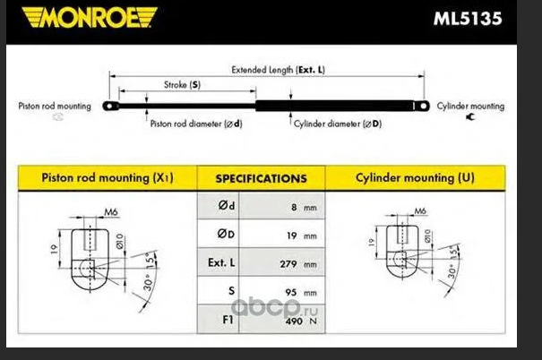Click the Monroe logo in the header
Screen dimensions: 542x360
click(x=90, y=17)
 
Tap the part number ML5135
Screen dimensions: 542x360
click(x=468, y=19)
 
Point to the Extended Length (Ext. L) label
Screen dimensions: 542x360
click(x=278, y=70)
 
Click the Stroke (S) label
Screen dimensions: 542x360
click(x=182, y=85)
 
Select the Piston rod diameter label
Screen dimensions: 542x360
click(x=196, y=124)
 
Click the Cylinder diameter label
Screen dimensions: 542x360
click(x=338, y=124)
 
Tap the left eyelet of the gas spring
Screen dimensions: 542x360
click(x=110, y=106)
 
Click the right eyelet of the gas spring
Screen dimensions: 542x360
click(x=422, y=106)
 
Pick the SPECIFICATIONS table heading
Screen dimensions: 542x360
click(x=262, y=178)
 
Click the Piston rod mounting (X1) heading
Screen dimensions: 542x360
click(x=108, y=177)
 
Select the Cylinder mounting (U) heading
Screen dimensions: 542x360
click(x=415, y=177)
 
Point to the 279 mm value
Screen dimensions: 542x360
click(x=298, y=264)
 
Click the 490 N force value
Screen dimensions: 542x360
click(x=301, y=321)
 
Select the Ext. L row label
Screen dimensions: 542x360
click(x=221, y=262)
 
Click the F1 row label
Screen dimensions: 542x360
click(x=228, y=320)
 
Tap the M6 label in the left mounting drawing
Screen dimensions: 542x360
click(x=111, y=211)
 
